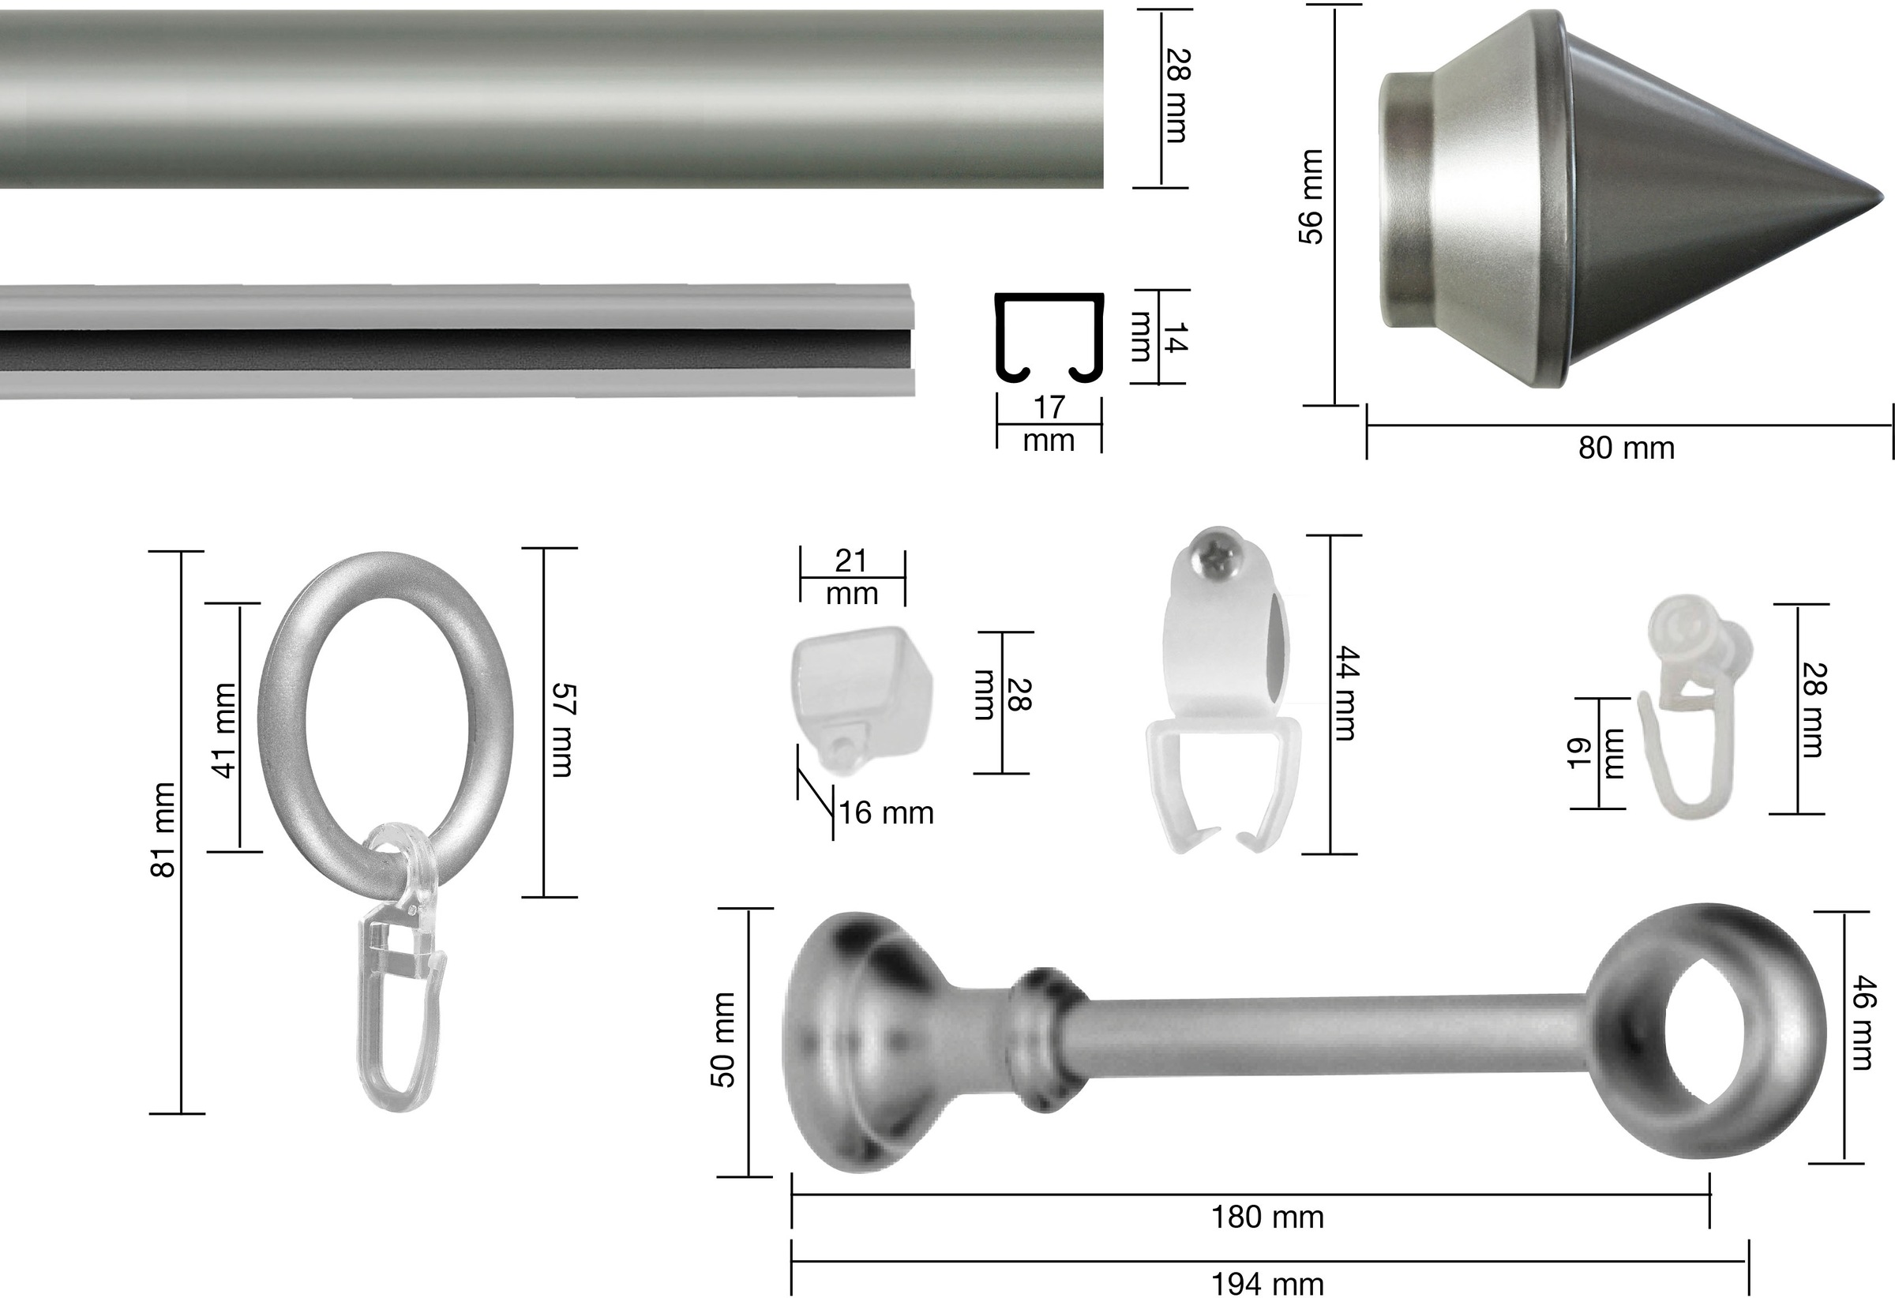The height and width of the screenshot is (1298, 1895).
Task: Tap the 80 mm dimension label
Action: click(x=1626, y=448)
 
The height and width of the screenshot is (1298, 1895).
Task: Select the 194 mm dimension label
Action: click(x=1267, y=1283)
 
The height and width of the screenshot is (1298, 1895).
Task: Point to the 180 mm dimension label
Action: click(x=1267, y=1217)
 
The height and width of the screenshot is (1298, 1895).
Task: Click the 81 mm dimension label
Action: click(x=163, y=830)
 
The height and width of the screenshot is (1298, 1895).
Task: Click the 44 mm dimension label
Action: click(x=1345, y=693)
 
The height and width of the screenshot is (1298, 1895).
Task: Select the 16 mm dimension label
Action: click(x=887, y=813)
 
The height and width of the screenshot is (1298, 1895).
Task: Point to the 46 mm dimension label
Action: click(x=1861, y=1022)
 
